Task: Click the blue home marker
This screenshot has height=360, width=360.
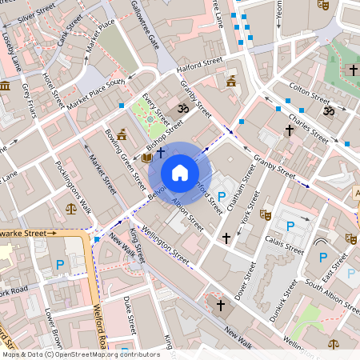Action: (x=180, y=172)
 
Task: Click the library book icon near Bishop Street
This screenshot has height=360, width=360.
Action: (x=146, y=158)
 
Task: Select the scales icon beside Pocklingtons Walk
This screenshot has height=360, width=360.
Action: (x=72, y=209)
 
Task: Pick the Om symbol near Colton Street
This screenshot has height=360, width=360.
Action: (x=328, y=111)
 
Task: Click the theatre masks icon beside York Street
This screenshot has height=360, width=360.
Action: (x=266, y=214)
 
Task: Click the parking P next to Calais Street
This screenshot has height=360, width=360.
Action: (x=290, y=227)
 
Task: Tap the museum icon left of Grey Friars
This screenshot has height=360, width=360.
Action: (x=5, y=86)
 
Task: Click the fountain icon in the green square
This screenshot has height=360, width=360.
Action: (x=150, y=118)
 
